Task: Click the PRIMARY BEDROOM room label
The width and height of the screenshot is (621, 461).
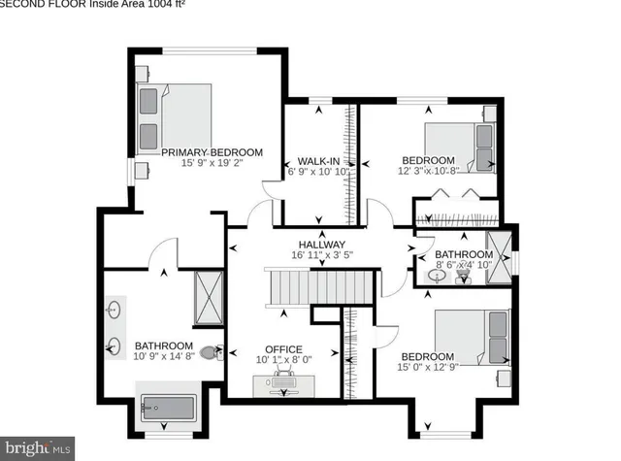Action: pyautogui.click(x=212, y=152)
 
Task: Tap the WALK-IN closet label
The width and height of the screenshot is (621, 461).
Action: pyautogui.click(x=317, y=160)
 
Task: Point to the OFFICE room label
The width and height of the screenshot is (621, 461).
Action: pyautogui.click(x=283, y=349)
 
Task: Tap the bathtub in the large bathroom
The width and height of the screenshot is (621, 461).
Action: pyautogui.click(x=168, y=409)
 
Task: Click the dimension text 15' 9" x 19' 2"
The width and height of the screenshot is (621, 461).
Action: pyautogui.click(x=212, y=164)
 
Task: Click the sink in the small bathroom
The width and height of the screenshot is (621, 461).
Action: pyautogui.click(x=437, y=276)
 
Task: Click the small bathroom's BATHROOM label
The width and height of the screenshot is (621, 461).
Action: pyautogui.click(x=464, y=254)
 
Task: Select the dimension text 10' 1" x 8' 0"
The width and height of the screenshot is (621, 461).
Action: pyautogui.click(x=283, y=360)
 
